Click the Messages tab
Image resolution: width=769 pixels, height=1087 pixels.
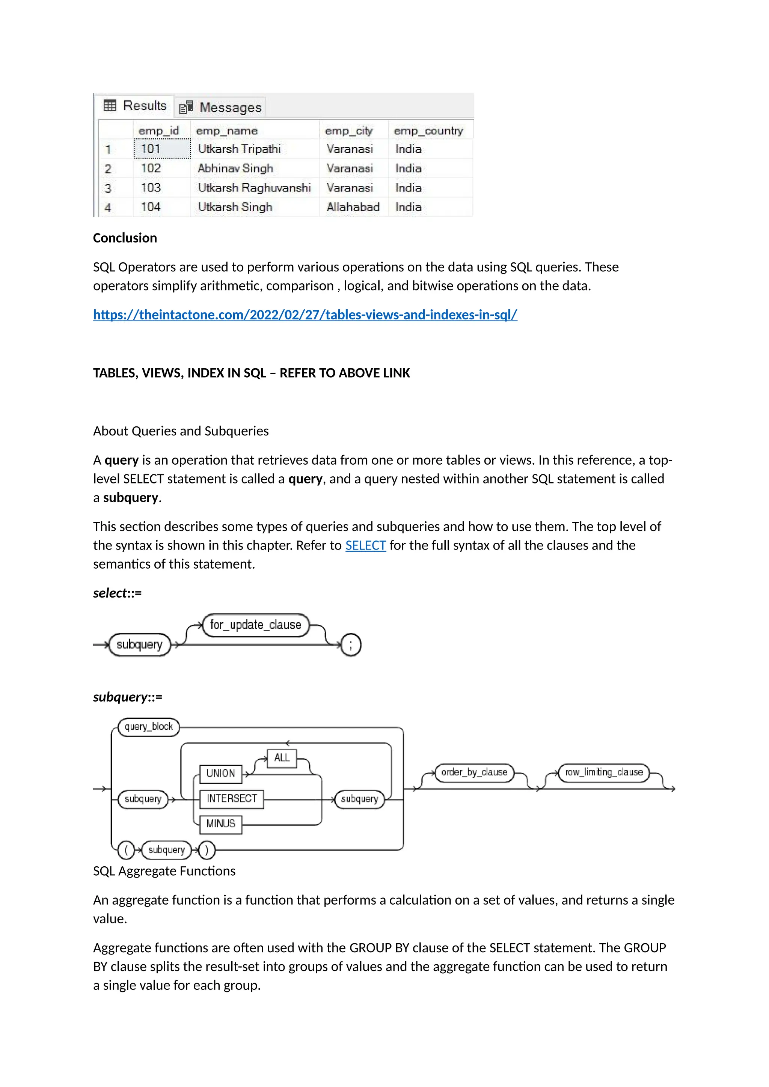221,107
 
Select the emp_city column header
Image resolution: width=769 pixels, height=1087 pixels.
349,130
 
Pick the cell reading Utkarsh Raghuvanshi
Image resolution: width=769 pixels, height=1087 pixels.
254,187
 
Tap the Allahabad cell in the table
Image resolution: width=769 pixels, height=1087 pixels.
353,207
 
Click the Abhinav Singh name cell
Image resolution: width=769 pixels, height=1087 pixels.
235,168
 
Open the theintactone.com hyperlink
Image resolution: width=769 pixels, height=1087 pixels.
305,315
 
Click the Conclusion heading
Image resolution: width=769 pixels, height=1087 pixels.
125,238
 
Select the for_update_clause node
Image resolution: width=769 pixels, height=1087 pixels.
255,625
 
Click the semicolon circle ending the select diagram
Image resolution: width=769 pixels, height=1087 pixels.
351,645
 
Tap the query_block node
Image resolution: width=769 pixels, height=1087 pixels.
149,727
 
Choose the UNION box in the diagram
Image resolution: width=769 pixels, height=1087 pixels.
221,773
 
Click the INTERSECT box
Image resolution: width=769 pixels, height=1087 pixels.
232,799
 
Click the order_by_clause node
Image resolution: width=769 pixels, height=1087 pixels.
474,772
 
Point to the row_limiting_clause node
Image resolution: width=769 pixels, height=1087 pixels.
604,772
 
